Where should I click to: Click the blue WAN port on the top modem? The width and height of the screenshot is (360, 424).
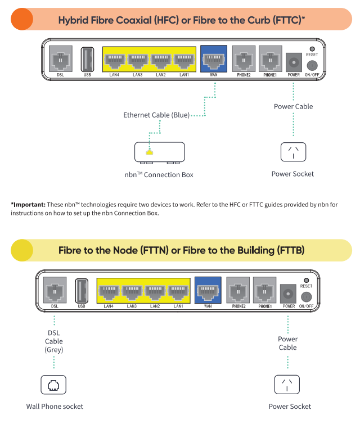pyautogui.click(x=214, y=59)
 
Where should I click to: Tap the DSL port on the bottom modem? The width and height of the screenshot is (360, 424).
pyautogui.click(x=55, y=291)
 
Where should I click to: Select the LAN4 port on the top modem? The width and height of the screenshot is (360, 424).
pyautogui.click(x=114, y=60)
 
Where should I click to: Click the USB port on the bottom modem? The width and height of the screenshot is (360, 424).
pyautogui.click(x=82, y=291)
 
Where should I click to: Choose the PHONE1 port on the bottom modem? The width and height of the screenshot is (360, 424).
pyautogui.click(x=265, y=291)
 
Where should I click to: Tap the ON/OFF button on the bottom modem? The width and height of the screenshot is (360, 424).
pyautogui.click(x=307, y=296)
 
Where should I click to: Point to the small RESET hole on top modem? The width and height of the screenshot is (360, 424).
pyautogui.click(x=312, y=49)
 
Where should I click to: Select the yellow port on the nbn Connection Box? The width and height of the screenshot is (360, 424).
pyautogui.click(x=149, y=152)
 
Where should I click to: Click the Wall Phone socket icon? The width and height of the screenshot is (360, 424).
pyautogui.click(x=54, y=385)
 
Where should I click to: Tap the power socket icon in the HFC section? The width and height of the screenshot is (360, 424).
pyautogui.click(x=293, y=152)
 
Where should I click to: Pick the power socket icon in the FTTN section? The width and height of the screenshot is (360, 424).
pyautogui.click(x=287, y=385)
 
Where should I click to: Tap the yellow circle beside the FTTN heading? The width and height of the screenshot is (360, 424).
pyautogui.click(x=22, y=250)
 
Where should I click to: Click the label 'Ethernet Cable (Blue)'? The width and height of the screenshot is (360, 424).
pyautogui.click(x=156, y=115)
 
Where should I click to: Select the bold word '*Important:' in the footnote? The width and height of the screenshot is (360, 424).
pyautogui.click(x=27, y=204)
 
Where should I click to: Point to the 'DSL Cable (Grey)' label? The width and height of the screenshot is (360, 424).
pyautogui.click(x=54, y=341)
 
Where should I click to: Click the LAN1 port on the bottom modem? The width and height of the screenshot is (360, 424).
pyautogui.click(x=178, y=291)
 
